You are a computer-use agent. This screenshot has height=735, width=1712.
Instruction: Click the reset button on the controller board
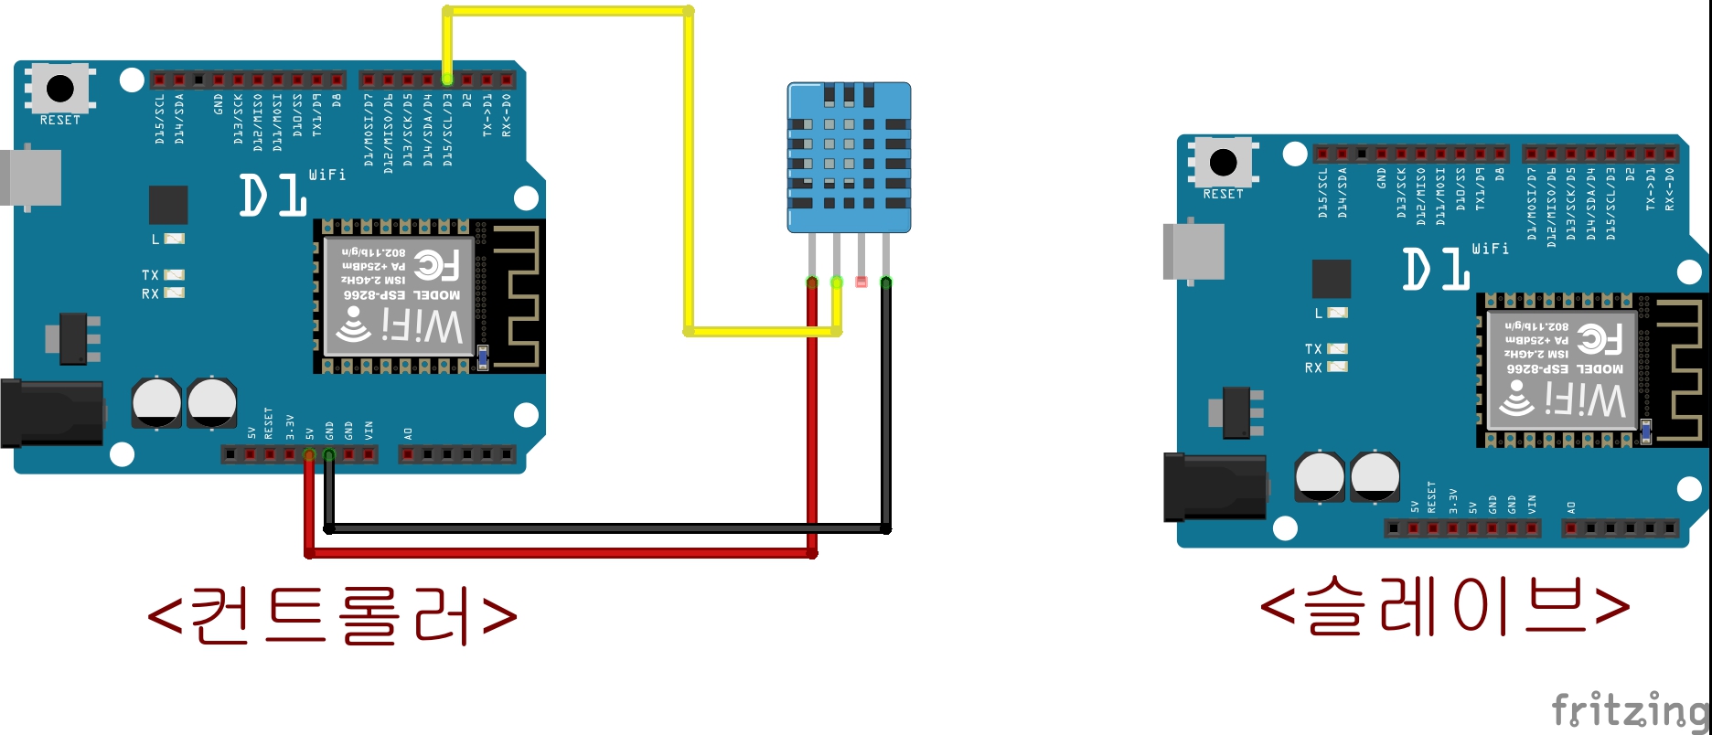(60, 89)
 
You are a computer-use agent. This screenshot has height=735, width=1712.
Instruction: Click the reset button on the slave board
(1223, 163)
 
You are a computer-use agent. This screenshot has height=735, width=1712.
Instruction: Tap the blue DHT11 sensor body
(849, 156)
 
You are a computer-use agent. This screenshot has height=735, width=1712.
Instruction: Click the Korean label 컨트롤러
(332, 614)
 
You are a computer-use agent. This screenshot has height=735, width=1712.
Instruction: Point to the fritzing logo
(1629, 709)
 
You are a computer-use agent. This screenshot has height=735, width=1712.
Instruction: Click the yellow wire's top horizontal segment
(567, 12)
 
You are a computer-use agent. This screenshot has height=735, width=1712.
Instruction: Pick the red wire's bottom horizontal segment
(558, 552)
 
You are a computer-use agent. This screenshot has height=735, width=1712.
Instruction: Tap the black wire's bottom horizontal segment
(604, 528)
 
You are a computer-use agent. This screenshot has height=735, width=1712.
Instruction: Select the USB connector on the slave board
(1193, 250)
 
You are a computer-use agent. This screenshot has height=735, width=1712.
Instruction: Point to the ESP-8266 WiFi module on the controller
(400, 295)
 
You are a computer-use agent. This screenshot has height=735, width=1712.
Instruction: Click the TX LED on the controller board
(173, 274)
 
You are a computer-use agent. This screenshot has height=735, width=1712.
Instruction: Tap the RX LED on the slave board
(1336, 367)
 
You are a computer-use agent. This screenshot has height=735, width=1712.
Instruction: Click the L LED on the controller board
(173, 239)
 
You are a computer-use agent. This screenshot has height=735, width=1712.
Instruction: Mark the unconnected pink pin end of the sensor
(861, 282)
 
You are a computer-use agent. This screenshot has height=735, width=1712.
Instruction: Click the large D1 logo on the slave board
(1436, 270)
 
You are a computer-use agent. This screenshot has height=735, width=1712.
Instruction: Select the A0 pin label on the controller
(408, 433)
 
